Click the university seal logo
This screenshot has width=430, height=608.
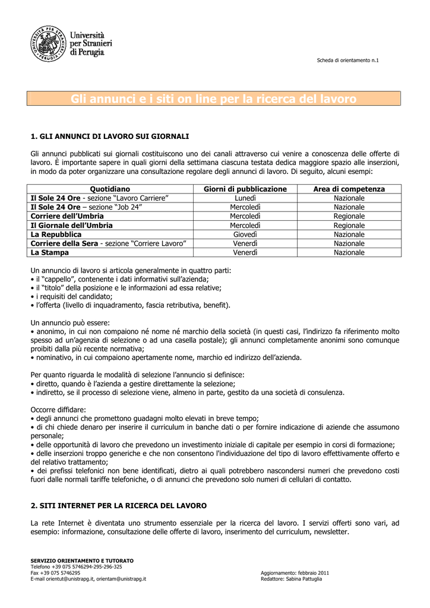click(48, 43)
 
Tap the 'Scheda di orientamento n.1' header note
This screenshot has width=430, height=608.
click(348, 61)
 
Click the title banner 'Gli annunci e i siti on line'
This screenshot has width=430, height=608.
click(214, 99)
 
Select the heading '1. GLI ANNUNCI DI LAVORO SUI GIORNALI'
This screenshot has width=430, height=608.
click(109, 136)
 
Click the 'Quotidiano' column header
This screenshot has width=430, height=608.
click(109, 189)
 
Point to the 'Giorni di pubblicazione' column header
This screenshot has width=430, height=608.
click(245, 189)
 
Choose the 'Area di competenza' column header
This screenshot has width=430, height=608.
click(349, 189)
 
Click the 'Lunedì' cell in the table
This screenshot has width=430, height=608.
click(245, 198)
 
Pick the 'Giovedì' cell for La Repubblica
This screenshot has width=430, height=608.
click(245, 235)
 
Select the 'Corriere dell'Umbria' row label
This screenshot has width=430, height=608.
click(67, 216)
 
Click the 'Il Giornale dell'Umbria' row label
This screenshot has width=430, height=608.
click(71, 226)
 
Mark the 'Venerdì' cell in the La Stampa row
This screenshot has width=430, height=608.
click(245, 252)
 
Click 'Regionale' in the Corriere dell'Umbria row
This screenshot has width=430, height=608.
click(349, 216)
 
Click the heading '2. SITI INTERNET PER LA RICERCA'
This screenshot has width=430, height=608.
click(118, 505)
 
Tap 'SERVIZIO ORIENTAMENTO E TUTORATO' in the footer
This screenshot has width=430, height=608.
click(82, 560)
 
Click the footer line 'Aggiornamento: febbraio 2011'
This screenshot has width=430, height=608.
click(295, 572)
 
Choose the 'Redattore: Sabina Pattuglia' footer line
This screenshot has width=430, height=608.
click(291, 578)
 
